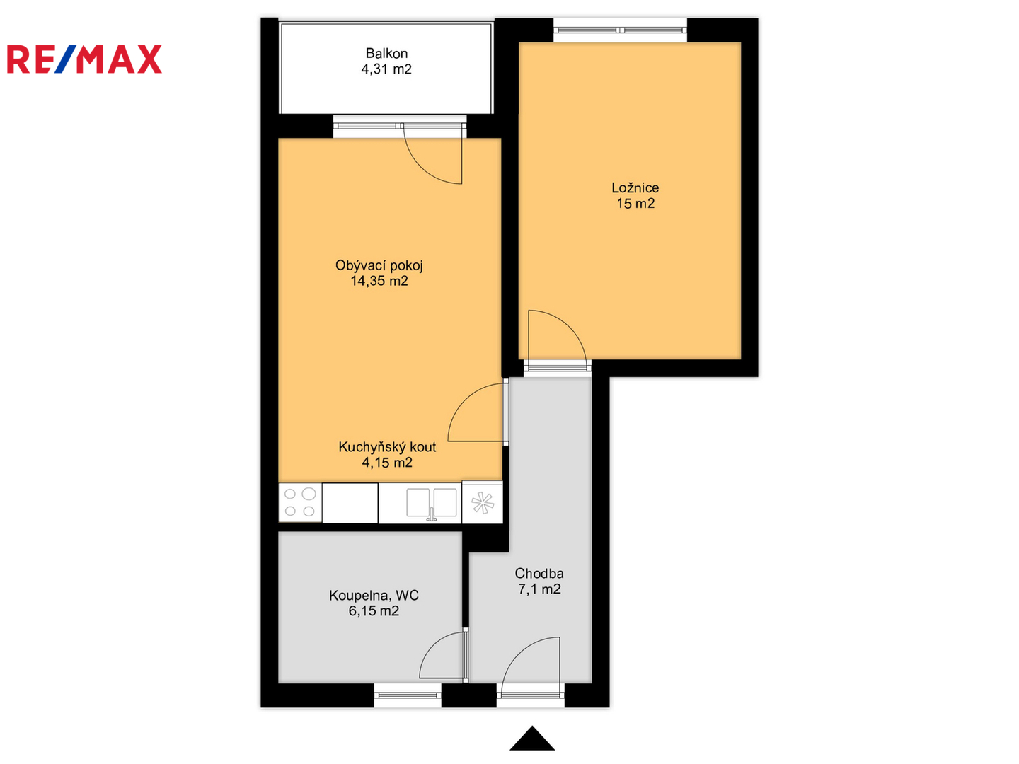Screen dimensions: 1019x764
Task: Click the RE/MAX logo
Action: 84,59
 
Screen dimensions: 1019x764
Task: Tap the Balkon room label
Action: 386,53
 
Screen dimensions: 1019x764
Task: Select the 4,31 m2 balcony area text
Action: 386,69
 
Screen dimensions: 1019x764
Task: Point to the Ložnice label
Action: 635,188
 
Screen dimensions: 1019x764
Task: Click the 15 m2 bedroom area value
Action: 635,203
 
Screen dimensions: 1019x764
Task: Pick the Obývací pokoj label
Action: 379,266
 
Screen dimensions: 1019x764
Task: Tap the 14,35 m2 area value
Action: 379,281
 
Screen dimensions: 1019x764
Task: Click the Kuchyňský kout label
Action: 386,447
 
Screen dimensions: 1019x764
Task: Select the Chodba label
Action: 539,573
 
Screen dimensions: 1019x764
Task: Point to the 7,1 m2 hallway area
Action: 539,589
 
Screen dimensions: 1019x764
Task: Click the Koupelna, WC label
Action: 374,596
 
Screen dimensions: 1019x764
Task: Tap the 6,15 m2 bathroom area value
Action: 374,611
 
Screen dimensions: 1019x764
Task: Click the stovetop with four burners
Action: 300,502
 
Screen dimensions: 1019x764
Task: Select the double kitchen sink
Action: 432,503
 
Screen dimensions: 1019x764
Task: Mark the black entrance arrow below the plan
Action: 532,739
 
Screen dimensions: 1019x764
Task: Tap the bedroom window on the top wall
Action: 620,30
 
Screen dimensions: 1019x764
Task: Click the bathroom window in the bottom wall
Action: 407,695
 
